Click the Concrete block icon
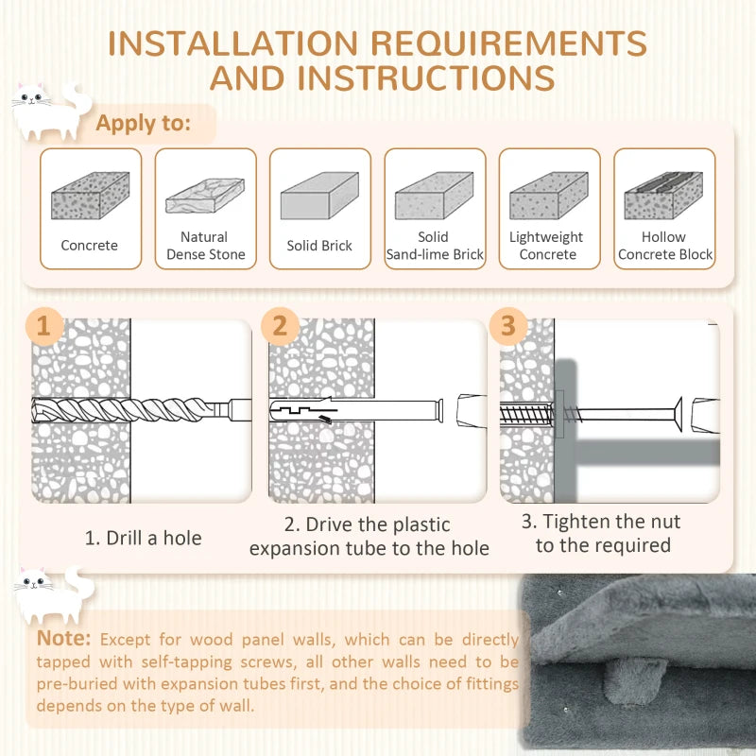90,197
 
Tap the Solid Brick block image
319,197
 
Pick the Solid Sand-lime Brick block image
434,196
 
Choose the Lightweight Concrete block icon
548,197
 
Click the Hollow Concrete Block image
663,196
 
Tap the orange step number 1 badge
43,327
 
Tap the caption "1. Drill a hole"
143,538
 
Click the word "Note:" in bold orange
64,639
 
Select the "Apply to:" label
144,123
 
